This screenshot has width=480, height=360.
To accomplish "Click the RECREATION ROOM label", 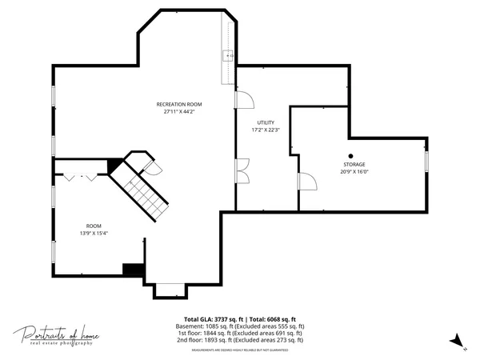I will pyautogui.click(x=178, y=104).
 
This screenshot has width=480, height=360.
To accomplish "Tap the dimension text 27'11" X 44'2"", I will pyautogui.click(x=178, y=112).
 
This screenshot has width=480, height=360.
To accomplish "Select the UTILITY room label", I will pyautogui.click(x=266, y=123).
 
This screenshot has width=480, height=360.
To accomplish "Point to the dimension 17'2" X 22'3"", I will pyautogui.click(x=266, y=130).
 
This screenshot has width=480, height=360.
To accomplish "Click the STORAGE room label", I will pyautogui.click(x=354, y=165).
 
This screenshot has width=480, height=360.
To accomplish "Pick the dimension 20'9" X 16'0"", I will pyautogui.click(x=354, y=172).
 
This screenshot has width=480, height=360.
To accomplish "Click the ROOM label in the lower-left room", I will pyautogui.click(x=94, y=226).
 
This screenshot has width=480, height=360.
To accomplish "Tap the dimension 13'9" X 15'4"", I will pyautogui.click(x=94, y=234).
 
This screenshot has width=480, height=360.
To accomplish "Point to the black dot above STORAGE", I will pyautogui.click(x=350, y=156).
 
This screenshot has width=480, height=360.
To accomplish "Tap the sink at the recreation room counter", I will pyautogui.click(x=228, y=55).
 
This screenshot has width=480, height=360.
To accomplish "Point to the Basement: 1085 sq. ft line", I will pyautogui.click(x=239, y=326).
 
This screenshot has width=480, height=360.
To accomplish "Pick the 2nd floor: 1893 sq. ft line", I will pyautogui.click(x=239, y=340).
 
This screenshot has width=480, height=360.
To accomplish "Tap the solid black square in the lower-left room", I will pyautogui.click(x=132, y=270).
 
